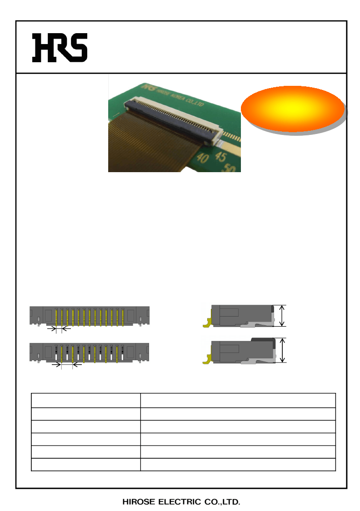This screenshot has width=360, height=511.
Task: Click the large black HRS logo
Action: coord(60,48)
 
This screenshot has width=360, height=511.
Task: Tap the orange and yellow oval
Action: coord(293,109)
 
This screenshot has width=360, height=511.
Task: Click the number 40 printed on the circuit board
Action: coord(203,158)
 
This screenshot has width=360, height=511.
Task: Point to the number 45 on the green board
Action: coord(221,157)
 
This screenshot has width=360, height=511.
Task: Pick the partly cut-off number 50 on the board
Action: coord(230,168)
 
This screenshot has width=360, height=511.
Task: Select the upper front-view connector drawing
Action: coord(90,316)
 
